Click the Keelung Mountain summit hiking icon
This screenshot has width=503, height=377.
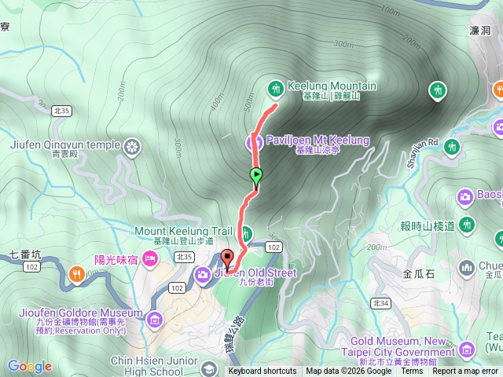tap(275, 87)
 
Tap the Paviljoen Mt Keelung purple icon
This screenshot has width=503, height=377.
tap(253, 141)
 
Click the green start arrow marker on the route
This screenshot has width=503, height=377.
tap(255, 175)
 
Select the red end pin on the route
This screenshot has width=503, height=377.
tap(228, 258)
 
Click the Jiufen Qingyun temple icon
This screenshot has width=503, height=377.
tap(131, 145)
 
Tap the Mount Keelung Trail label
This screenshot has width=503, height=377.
tap(184, 231)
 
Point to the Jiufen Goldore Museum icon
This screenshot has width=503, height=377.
tap(154, 319)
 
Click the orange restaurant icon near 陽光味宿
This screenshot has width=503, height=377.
tap(77, 274)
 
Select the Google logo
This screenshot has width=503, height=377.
tap(29, 366)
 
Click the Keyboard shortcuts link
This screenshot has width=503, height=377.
tap(263, 372)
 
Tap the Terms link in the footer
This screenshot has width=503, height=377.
tap(412, 372)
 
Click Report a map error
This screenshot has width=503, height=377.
tap(465, 372)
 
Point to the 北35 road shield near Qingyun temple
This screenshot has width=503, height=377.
tap(61, 112)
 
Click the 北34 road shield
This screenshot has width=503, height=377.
tap(380, 303)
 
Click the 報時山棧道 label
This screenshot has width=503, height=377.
tap(427, 226)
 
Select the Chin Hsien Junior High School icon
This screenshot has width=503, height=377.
tap(208, 368)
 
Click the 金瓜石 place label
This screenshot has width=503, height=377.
tap(418, 275)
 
